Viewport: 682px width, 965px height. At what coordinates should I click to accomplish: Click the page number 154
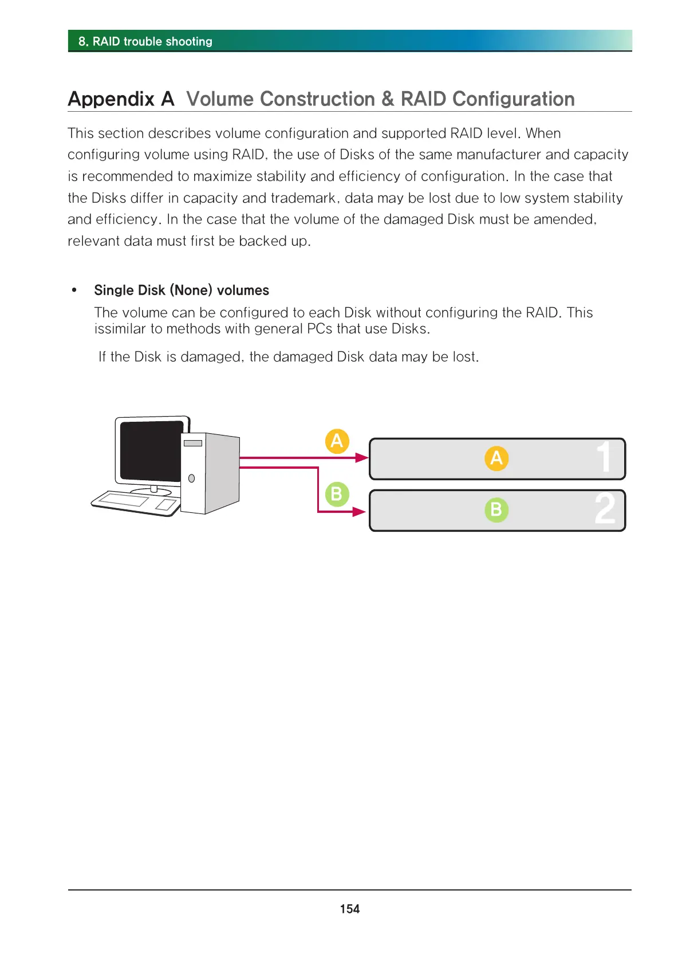point(349,909)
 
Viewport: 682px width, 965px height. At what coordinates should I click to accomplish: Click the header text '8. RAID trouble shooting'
point(145,41)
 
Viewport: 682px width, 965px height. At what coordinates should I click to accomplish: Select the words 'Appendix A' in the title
point(121,99)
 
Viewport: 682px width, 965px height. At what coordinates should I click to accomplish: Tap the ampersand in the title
point(388,99)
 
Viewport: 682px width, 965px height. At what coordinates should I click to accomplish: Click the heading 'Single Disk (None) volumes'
point(182,291)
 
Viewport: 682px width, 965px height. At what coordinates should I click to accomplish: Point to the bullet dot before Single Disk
point(74,290)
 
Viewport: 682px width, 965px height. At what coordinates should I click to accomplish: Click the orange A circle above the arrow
point(337,441)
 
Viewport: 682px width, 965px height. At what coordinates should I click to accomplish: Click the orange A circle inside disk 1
point(496,458)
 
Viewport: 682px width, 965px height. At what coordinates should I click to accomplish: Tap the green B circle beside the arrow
point(337,494)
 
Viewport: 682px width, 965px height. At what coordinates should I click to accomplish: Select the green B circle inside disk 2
point(496,509)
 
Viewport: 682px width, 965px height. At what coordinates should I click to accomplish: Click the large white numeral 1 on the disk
point(604,457)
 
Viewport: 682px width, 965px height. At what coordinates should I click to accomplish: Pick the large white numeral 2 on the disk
point(605,509)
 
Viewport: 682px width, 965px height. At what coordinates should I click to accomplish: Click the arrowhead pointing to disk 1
point(361,457)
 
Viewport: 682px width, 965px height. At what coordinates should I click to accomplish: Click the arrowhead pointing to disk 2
point(360,511)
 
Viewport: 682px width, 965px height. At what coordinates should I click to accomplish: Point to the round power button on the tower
point(192,478)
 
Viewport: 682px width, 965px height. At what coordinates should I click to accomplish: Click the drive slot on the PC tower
point(193,443)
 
